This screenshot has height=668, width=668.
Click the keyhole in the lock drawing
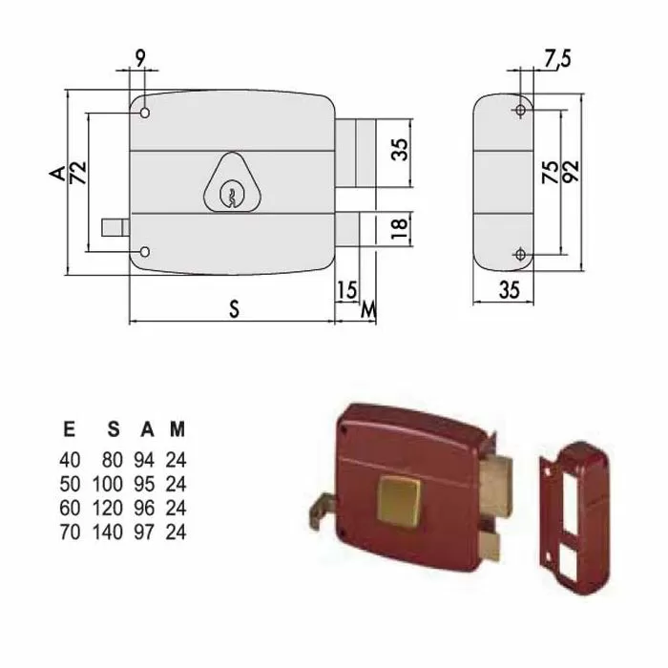coord(229,195)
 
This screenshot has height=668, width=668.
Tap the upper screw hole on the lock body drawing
coord(144,114)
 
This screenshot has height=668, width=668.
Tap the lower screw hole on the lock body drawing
coord(144,252)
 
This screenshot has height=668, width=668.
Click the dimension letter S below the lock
coord(233,308)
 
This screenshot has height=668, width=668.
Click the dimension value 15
coord(346,290)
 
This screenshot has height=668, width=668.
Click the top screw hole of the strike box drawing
coord(519,111)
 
